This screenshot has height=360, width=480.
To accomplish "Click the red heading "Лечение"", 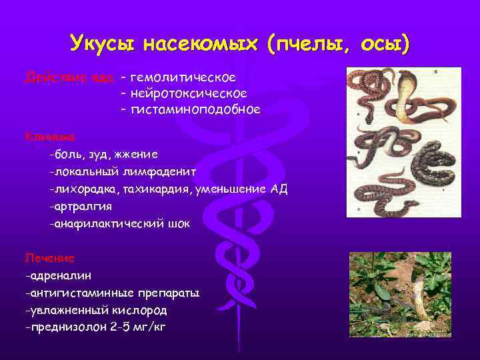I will click(49, 257).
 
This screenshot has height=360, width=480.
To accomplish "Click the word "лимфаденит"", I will click(163, 171).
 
